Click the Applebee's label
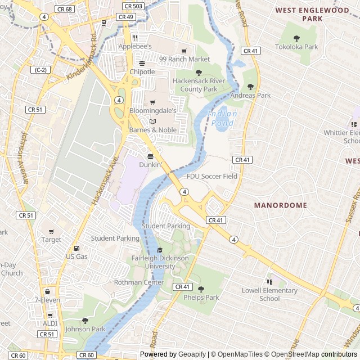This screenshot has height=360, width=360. click(150, 46)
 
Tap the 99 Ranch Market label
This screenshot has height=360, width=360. click(184, 59)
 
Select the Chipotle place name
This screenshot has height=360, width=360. click(142, 72)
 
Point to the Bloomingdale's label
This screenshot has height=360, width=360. click(152, 111)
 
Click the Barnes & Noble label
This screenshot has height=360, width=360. click(153, 130)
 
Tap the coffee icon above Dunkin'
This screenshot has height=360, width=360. click(150, 156)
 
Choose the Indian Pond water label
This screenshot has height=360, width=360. click(223, 118)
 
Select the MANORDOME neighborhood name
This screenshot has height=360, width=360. click(280, 205)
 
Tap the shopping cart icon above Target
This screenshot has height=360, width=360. click(51, 232)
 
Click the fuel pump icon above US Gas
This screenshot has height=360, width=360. click(76, 249)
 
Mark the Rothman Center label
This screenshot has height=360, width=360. click(139, 282)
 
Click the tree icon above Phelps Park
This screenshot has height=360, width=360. click(201, 289)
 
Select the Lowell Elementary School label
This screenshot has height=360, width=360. click(269, 295)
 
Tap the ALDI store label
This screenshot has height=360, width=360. click(50, 323)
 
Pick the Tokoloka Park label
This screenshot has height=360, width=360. click(297, 47)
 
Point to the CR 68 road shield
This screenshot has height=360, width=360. click(65, 10)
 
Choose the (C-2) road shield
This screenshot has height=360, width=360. click(40, 70)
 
